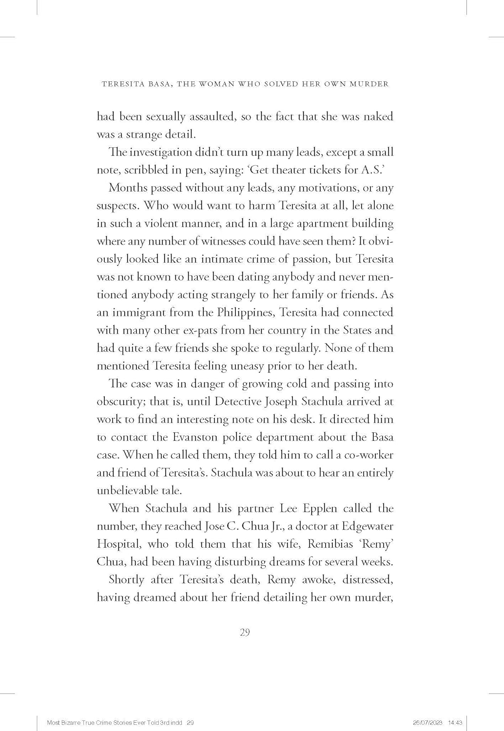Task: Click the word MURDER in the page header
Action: (370, 84)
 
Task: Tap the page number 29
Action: (245, 632)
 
